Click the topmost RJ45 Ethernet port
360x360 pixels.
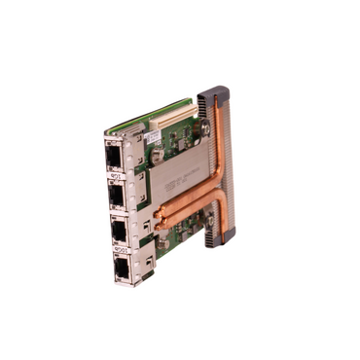113,157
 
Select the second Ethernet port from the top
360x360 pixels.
115,195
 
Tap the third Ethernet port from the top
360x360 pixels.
120,232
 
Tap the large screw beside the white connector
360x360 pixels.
204,127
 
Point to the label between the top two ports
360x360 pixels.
114,176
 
